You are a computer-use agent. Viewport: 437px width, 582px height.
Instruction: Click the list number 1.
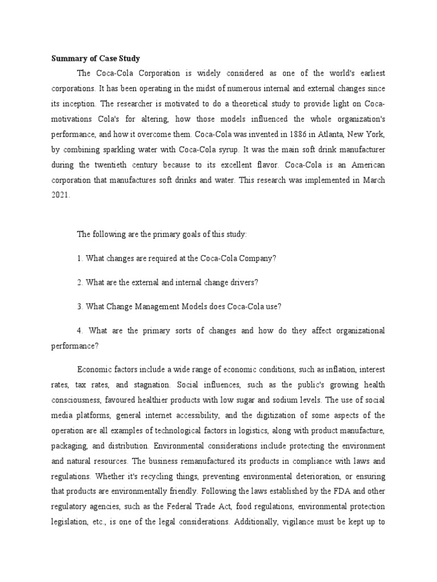[79, 258]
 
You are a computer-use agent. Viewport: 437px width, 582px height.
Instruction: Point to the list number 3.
[79, 306]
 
